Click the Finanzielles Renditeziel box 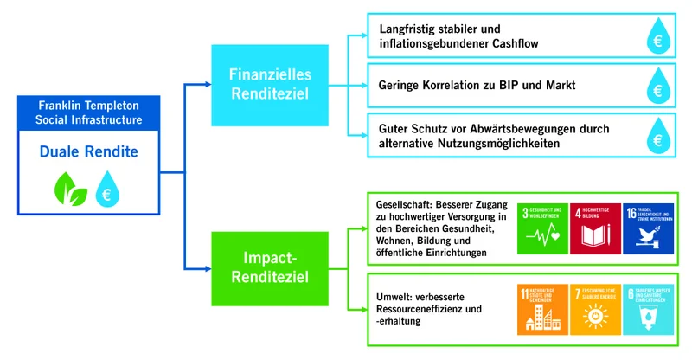(270, 85)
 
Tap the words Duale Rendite (87, 152)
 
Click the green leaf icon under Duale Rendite (68, 188)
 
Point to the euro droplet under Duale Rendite (107, 188)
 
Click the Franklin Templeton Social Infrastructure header (87, 112)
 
